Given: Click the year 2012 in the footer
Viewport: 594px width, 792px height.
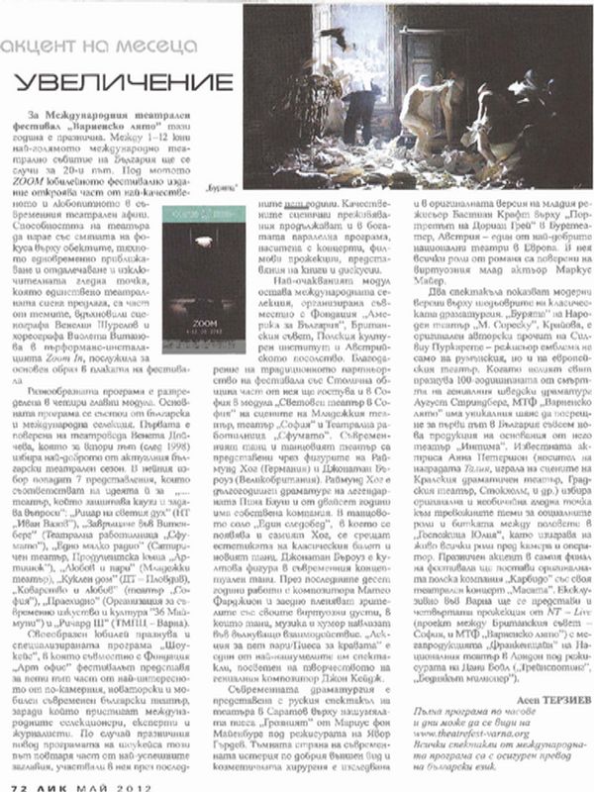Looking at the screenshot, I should coord(134,783).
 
